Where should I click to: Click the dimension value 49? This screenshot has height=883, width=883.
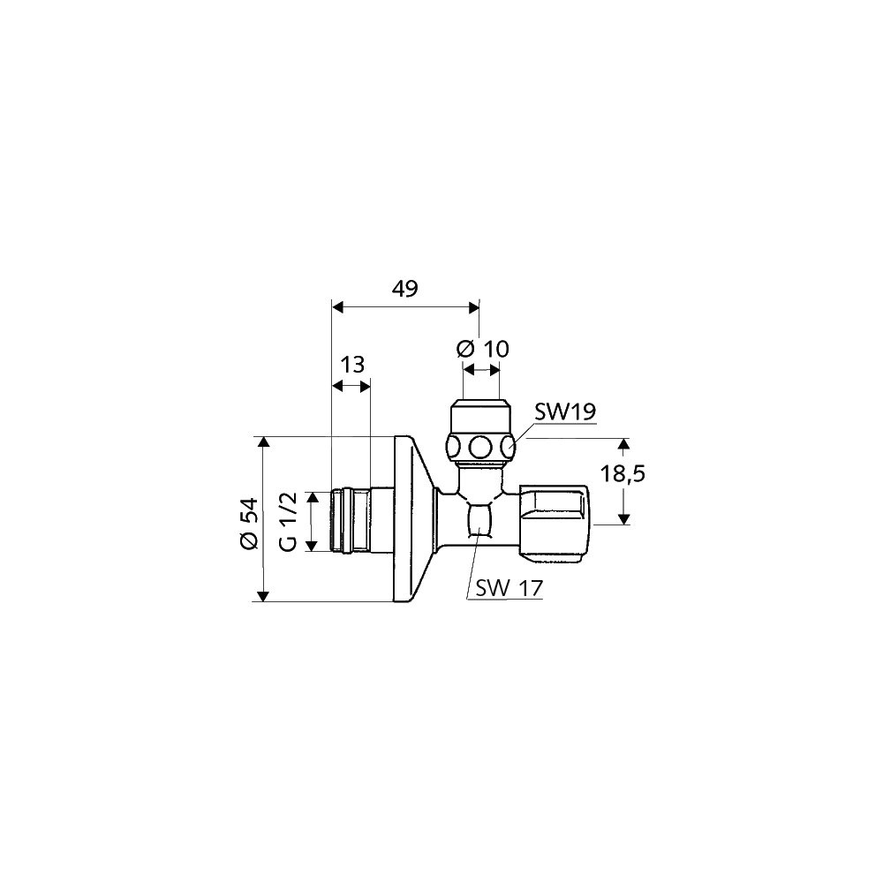(405, 289)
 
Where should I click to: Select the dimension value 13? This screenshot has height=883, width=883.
(352, 365)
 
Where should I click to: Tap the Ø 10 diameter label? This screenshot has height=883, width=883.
(483, 349)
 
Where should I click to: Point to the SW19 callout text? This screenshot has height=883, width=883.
(565, 412)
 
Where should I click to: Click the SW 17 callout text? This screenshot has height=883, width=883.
(509, 588)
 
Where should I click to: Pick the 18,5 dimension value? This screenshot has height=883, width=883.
(622, 474)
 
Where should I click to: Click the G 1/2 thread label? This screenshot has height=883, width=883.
(288, 522)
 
